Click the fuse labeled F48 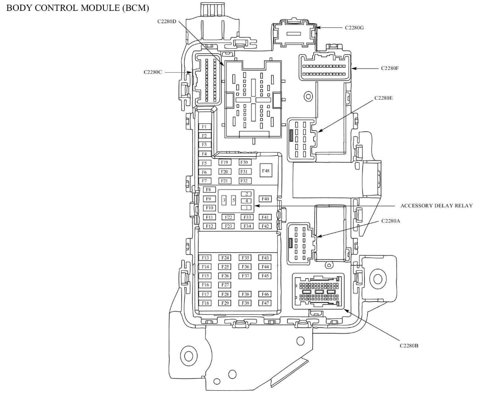(x=266, y=171)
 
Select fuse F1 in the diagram (x=204, y=127)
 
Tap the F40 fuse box (x=265, y=199)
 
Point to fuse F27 (x=225, y=285)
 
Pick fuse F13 (x=205, y=258)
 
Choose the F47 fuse (x=265, y=303)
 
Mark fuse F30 (x=244, y=163)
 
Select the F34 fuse (x=246, y=226)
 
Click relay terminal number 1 (x=246, y=207)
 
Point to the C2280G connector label (x=354, y=27)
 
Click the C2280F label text (x=390, y=69)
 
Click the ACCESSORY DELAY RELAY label (x=436, y=206)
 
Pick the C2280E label (x=383, y=98)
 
